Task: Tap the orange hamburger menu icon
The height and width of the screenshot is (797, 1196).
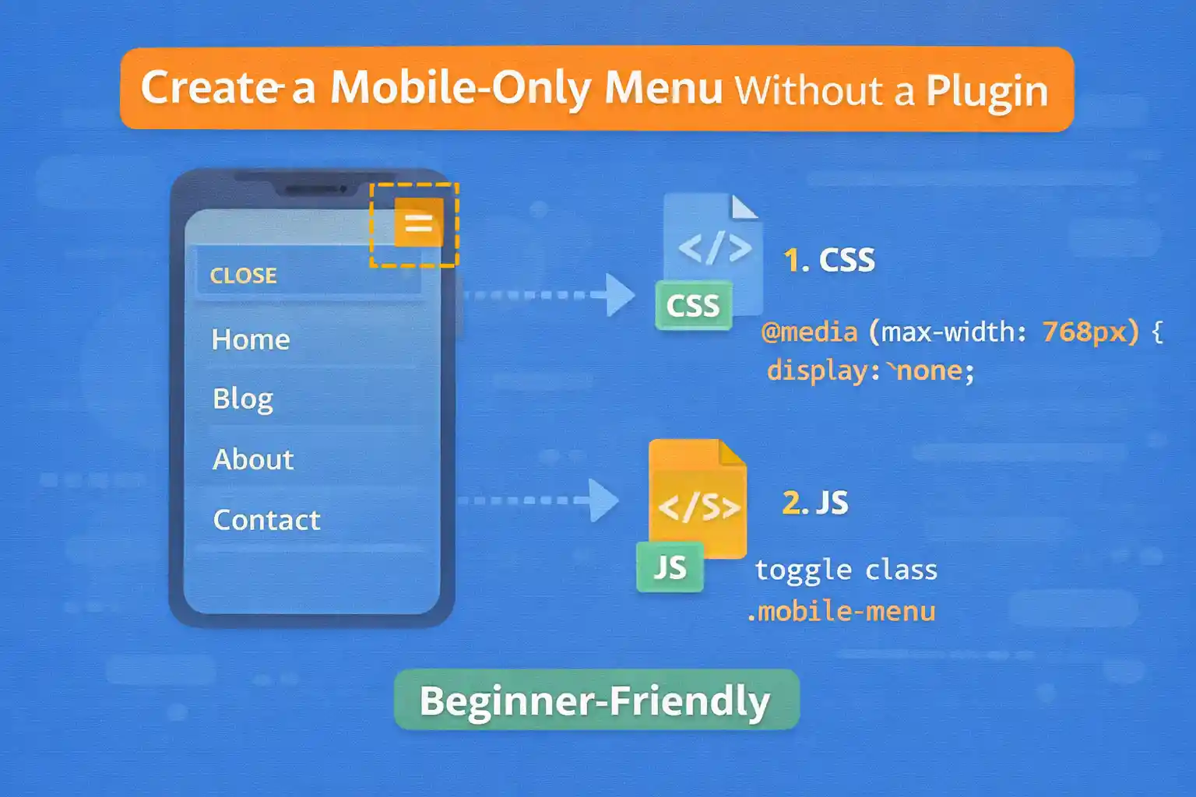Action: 419,223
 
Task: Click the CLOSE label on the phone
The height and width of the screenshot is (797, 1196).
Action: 244,276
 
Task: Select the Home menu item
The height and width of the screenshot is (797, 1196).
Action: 251,339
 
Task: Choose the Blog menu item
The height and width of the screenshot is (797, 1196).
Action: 243,398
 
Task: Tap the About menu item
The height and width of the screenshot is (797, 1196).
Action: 253,459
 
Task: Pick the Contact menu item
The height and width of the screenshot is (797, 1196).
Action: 267,520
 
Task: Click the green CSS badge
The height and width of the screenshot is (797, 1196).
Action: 693,306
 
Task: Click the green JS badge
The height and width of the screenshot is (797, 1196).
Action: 670,567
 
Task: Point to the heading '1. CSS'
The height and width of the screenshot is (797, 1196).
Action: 829,260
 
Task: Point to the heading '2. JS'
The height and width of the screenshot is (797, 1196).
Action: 815,503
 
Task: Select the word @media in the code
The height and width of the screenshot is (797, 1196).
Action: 809,332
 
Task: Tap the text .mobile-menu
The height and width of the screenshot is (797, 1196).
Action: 841,612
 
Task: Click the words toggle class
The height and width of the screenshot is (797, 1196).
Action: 846,571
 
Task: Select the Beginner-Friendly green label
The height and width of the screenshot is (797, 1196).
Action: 596,700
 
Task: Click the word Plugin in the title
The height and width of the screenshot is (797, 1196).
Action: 987,91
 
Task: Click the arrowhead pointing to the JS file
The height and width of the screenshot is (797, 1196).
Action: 604,500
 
